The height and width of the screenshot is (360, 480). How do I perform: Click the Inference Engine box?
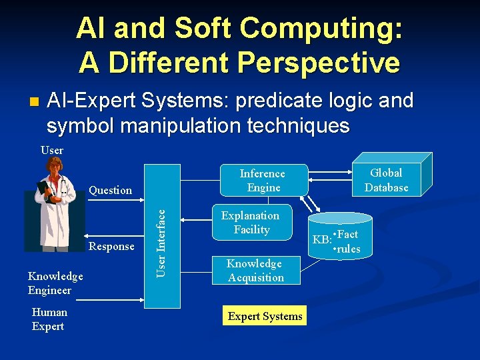[x=263, y=180]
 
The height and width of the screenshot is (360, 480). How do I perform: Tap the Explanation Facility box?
[x=251, y=222]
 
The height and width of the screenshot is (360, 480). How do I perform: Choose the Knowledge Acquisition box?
[x=255, y=271]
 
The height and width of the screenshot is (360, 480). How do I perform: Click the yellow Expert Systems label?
[x=265, y=317]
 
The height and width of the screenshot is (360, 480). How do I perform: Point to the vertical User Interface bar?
[x=161, y=240]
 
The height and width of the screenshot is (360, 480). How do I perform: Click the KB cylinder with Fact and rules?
[x=343, y=237]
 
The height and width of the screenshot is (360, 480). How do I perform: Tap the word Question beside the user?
[x=110, y=190]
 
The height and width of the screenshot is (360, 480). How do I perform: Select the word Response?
[x=111, y=246]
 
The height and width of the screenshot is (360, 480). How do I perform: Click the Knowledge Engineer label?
[x=55, y=283]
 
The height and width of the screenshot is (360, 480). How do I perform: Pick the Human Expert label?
[x=49, y=319]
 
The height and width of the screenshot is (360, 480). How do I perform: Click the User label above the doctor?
[x=52, y=150]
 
